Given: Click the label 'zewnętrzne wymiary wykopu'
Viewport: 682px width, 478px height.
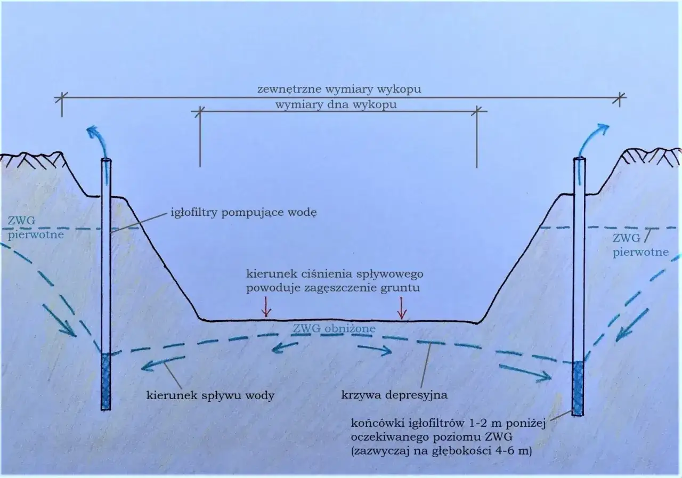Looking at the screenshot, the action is click(x=339, y=90).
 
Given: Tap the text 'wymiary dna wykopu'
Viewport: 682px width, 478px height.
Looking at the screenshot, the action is click(x=336, y=105).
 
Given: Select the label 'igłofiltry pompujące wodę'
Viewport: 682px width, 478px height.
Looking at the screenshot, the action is click(x=243, y=213).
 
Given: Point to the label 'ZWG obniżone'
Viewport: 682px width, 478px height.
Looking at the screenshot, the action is click(x=334, y=329).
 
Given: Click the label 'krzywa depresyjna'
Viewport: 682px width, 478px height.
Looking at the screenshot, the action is click(x=394, y=395).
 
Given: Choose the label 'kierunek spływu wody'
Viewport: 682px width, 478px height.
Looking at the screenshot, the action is click(x=210, y=395).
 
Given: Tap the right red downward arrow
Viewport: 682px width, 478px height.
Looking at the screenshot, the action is click(x=402, y=308).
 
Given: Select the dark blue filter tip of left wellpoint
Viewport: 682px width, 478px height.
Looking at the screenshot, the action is click(x=105, y=382).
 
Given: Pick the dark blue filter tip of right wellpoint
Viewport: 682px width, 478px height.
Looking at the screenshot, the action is click(x=578, y=388).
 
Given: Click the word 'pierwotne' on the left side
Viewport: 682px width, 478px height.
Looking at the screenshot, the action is click(x=36, y=235).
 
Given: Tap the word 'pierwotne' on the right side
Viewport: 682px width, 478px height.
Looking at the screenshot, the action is click(x=640, y=252).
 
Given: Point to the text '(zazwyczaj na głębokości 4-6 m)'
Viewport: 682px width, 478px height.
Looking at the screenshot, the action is click(x=442, y=451).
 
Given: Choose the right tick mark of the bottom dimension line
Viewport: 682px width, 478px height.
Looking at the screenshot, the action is click(x=477, y=111).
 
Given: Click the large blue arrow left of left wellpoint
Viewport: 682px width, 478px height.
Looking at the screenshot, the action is click(x=59, y=320).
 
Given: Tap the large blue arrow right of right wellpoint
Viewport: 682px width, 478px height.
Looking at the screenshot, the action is click(x=632, y=325).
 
